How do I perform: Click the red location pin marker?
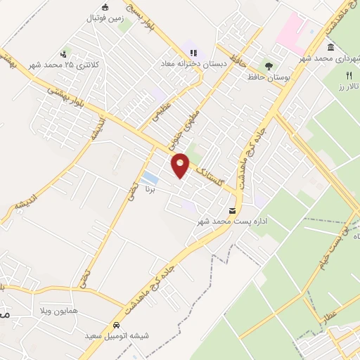(x=181, y=165)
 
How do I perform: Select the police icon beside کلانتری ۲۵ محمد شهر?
(x=65, y=53)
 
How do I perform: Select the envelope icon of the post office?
(x=233, y=211)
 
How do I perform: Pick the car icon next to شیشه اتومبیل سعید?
(x=117, y=326)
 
